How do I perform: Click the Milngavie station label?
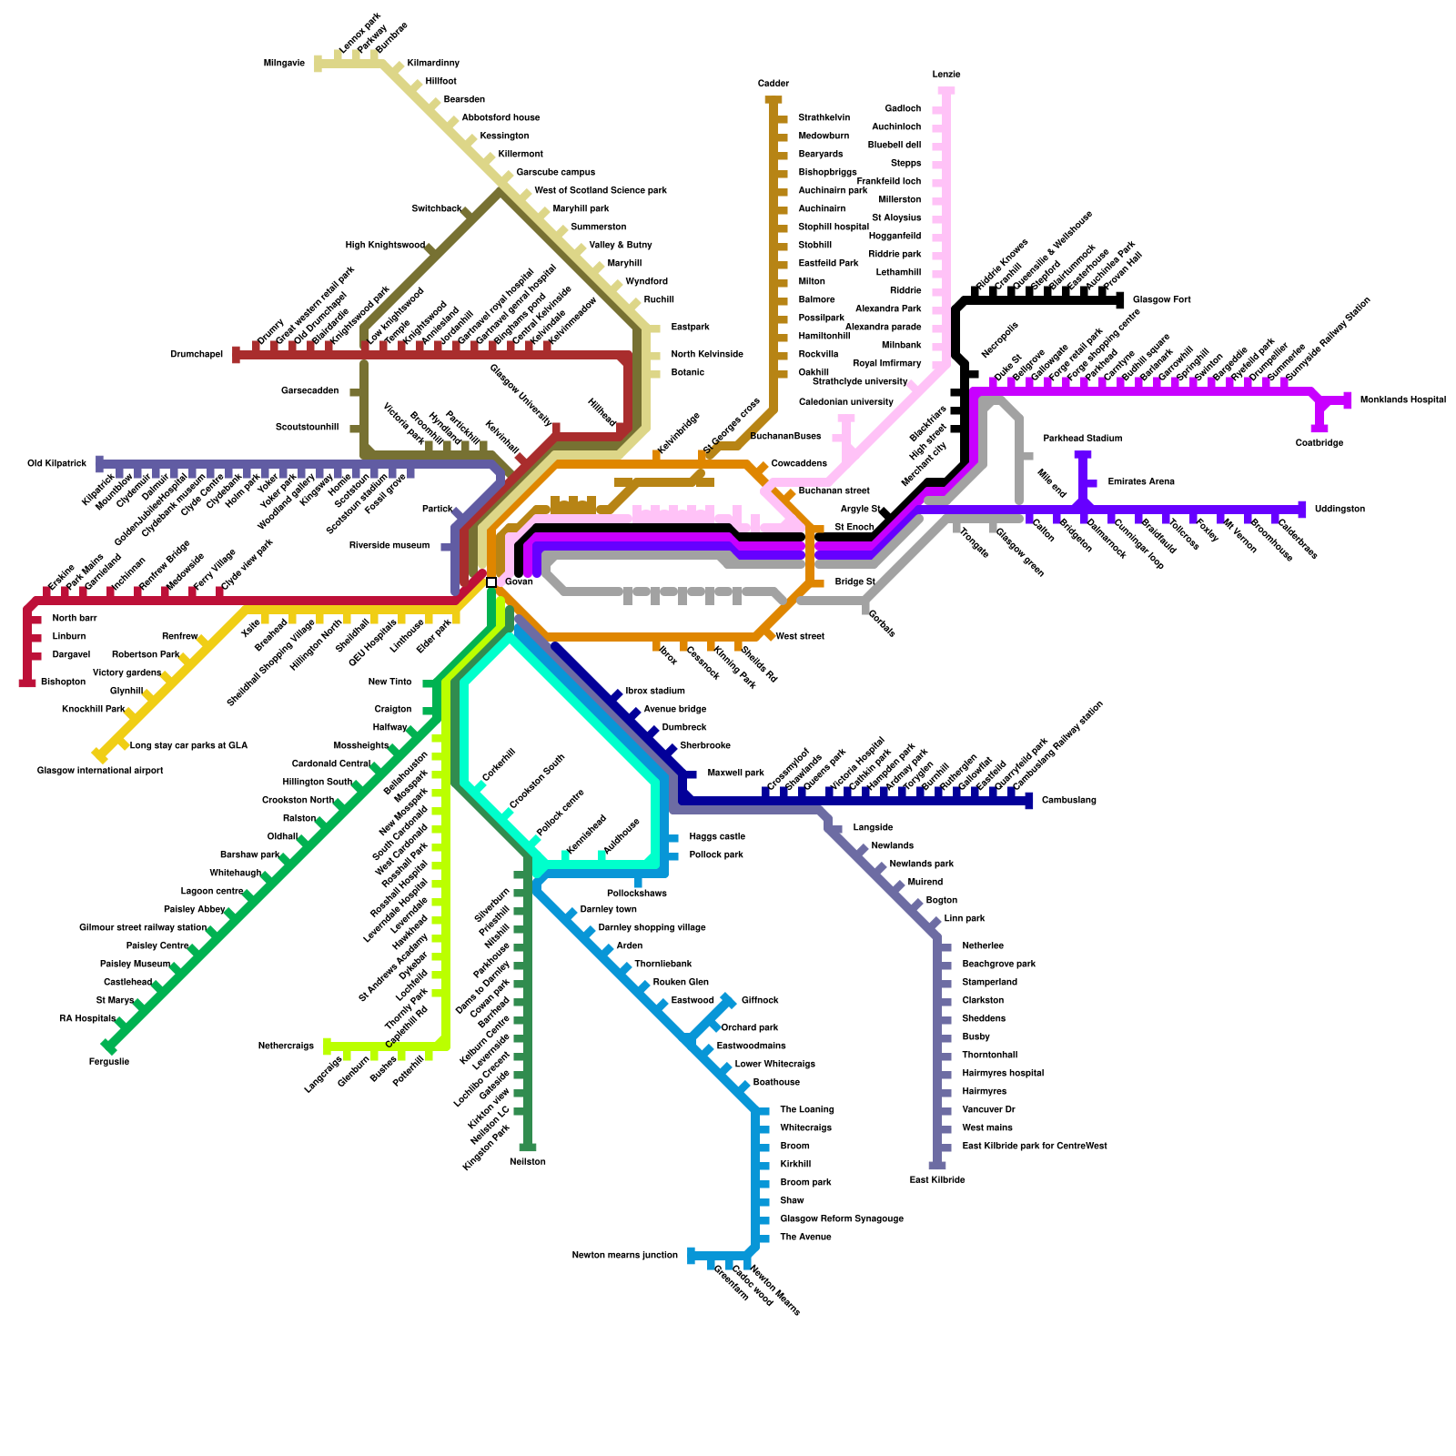point(284,64)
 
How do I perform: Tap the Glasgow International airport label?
point(100,771)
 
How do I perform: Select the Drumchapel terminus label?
point(197,355)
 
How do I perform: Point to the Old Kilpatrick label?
point(56,464)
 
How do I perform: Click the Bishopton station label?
point(63,682)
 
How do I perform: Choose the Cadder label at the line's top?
point(773,84)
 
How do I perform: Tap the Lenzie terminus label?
point(946,75)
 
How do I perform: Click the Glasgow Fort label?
point(1161,300)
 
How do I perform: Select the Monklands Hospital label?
point(1402,400)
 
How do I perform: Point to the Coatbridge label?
point(1319,443)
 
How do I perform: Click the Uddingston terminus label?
point(1340,510)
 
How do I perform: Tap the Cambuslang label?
point(1068,801)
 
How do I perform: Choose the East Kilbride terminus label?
point(937,1180)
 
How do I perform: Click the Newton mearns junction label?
point(624,1256)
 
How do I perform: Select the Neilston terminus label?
point(528,1162)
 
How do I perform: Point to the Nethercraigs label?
point(286,1046)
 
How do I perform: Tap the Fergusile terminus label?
point(109,1062)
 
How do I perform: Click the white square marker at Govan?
point(491,582)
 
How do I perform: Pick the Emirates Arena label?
point(1141,482)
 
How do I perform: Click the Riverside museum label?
point(389,546)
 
